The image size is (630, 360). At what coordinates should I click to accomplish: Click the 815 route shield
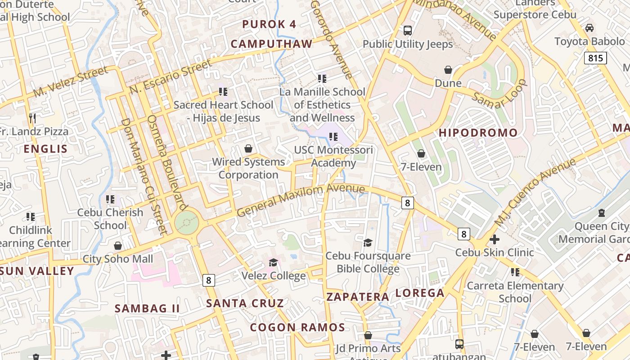pyautogui.click(x=595, y=58)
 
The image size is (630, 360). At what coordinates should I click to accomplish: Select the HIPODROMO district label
pyautogui.click(x=478, y=133)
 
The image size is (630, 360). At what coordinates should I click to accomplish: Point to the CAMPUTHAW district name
pyautogui.click(x=271, y=44)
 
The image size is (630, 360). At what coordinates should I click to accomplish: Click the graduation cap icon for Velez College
pyautogui.click(x=273, y=262)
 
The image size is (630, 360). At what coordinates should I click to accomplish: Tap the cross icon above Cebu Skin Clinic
pyautogui.click(x=494, y=239)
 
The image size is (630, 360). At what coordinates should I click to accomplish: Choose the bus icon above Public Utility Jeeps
pyautogui.click(x=408, y=31)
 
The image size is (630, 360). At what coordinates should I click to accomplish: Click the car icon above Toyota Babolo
pyautogui.click(x=589, y=28)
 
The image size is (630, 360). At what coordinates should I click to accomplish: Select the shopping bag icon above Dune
pyautogui.click(x=448, y=70)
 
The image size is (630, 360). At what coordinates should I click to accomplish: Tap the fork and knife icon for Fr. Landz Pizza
pyautogui.click(x=32, y=118)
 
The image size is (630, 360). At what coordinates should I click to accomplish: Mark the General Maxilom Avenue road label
pyautogui.click(x=300, y=200)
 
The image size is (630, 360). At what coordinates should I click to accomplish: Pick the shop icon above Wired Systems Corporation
pyautogui.click(x=248, y=148)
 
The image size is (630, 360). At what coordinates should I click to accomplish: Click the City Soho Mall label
pyautogui.click(x=118, y=259)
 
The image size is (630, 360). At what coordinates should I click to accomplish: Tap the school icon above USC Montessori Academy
pyautogui.click(x=333, y=136)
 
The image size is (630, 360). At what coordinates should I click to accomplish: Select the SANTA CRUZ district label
pyautogui.click(x=245, y=303)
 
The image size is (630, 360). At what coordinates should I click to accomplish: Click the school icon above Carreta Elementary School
pyautogui.click(x=515, y=272)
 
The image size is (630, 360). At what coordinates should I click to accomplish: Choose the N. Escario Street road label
pyautogui.click(x=171, y=77)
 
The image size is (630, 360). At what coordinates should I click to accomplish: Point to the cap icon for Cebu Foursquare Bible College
pyautogui.click(x=368, y=243)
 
